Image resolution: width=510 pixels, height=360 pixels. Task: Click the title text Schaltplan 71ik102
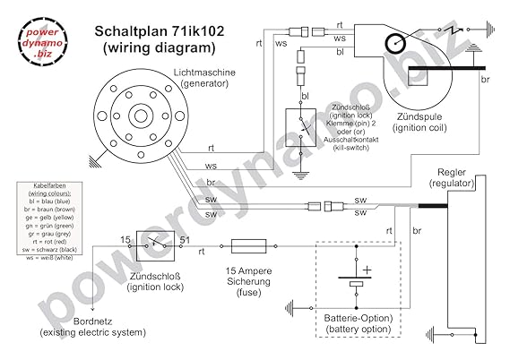(160, 30)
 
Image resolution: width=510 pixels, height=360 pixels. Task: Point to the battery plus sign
(367, 268)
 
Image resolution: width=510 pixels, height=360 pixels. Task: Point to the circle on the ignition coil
(395, 41)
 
